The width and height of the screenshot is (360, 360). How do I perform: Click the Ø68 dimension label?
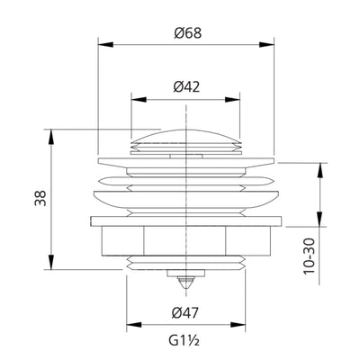pyautogui.click(x=187, y=33)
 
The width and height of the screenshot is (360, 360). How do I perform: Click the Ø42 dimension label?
pyautogui.click(x=186, y=86)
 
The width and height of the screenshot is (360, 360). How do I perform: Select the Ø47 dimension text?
pyautogui.click(x=185, y=313)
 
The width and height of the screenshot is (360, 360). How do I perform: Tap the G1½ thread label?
pyautogui.click(x=184, y=340)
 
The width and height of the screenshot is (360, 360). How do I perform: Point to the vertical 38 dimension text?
pyautogui.click(x=40, y=198)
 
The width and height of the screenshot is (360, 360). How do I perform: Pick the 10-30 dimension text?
pyautogui.click(x=309, y=256)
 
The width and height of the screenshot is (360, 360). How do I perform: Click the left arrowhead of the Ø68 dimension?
pyautogui.click(x=106, y=44)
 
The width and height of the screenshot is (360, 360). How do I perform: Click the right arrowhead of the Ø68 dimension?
pyautogui.click(x=266, y=44)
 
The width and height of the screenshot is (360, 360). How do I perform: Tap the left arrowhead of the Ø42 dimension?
pyautogui.click(x=139, y=100)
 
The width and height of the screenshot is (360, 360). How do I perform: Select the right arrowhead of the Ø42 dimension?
pyautogui.click(x=233, y=100)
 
